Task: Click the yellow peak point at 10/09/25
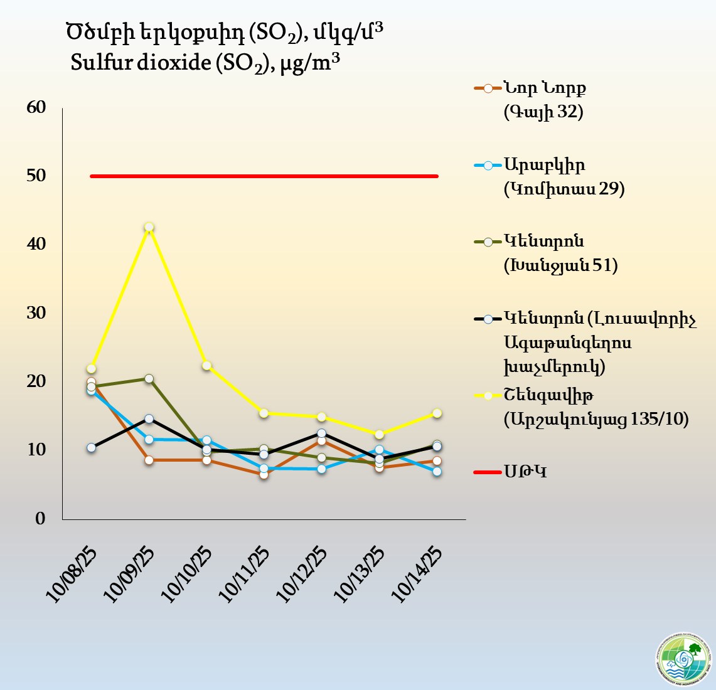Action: tap(149, 227)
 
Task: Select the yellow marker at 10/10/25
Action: tap(206, 366)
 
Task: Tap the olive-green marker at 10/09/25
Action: tap(149, 378)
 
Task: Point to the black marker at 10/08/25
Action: tap(91, 447)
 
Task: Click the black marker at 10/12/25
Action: tap(321, 433)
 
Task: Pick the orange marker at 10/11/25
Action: tap(264, 474)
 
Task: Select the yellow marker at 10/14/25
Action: tap(437, 413)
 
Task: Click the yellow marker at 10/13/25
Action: tap(379, 434)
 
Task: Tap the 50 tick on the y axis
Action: tap(37, 176)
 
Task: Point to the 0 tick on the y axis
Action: tap(41, 519)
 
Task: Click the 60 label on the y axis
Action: tap(37, 107)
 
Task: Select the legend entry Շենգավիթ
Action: tap(548, 395)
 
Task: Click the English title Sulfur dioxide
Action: tap(207, 63)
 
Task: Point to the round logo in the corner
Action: tap(683, 659)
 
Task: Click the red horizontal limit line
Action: tap(264, 176)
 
